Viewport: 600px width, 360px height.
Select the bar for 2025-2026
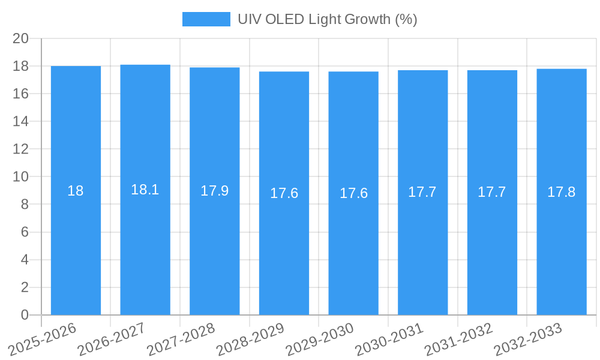click(76, 190)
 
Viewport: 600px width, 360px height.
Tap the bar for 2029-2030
click(353, 193)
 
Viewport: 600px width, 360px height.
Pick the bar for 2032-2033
click(562, 192)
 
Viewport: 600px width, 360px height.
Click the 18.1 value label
click(145, 190)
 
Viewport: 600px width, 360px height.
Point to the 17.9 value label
click(214, 191)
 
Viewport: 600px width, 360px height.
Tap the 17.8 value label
click(562, 192)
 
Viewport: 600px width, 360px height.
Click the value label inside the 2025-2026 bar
click(76, 191)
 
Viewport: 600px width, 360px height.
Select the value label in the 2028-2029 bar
click(284, 193)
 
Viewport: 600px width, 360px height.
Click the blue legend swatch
click(206, 19)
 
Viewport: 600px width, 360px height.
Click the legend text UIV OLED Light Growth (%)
click(327, 19)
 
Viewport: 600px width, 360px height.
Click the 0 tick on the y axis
click(25, 315)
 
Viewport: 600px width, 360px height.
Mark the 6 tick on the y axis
click(25, 232)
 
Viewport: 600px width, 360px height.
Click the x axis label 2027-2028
click(180, 338)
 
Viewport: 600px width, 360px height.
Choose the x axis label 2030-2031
click(388, 338)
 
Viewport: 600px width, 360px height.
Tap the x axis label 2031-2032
click(458, 338)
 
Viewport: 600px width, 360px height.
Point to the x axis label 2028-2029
click(250, 338)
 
